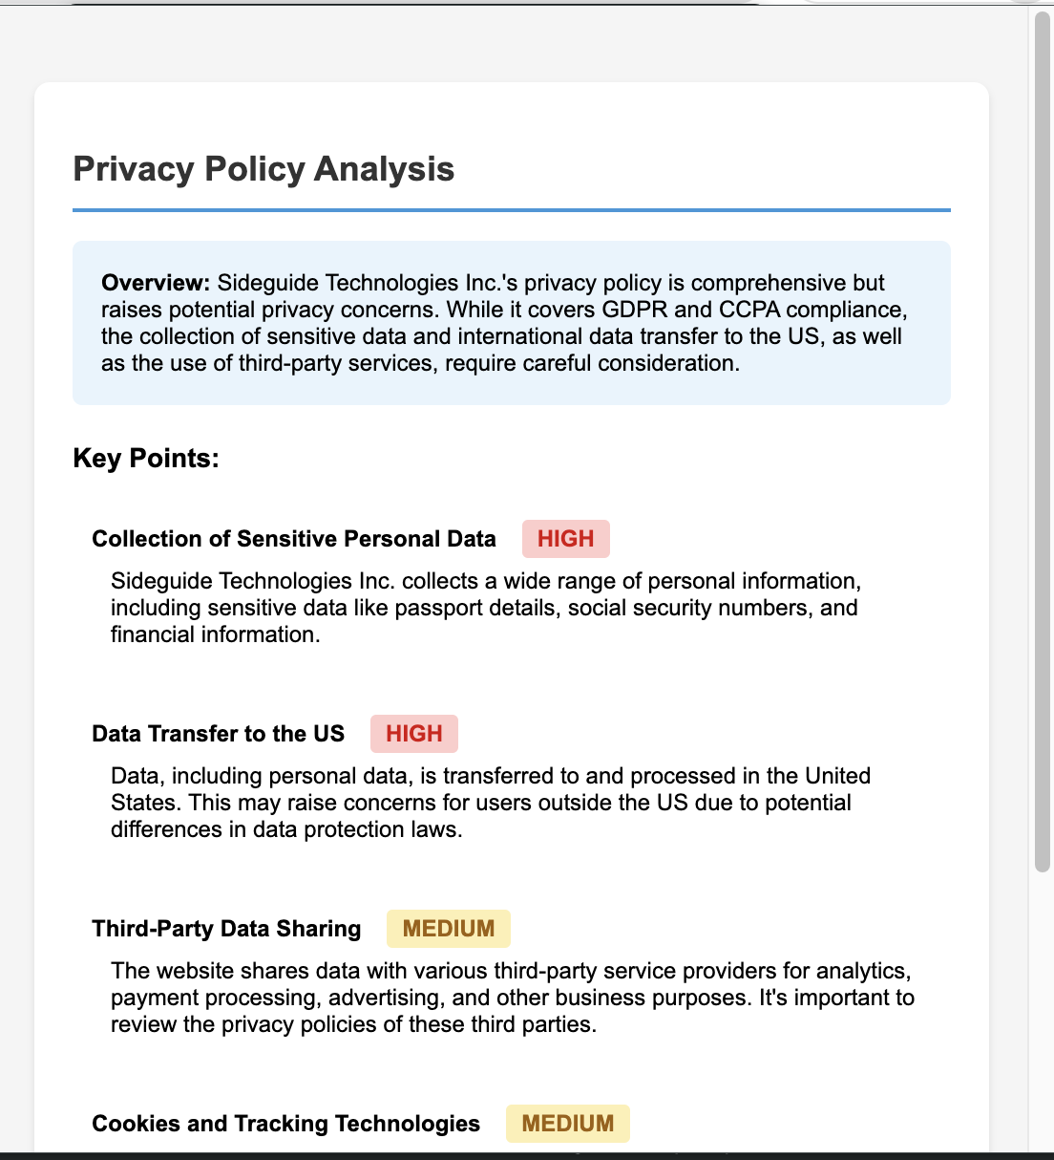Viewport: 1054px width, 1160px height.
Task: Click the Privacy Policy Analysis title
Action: click(263, 169)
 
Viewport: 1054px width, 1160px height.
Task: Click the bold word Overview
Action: click(155, 283)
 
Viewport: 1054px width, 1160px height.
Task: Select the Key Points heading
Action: click(146, 459)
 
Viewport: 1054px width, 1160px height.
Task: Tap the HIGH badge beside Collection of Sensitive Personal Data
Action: click(565, 539)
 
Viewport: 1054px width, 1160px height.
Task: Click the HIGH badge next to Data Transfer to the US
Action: click(413, 734)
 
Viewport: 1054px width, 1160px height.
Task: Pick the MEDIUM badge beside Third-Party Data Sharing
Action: click(448, 929)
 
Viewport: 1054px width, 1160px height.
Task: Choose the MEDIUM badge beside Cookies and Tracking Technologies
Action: click(567, 1124)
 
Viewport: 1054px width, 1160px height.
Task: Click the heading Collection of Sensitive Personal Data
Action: click(294, 539)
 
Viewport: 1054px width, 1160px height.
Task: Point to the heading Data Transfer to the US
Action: click(218, 734)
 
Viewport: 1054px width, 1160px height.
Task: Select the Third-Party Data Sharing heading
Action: click(226, 929)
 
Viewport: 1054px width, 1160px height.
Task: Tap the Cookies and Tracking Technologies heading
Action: click(285, 1124)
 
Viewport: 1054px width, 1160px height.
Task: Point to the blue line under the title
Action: click(512, 209)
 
